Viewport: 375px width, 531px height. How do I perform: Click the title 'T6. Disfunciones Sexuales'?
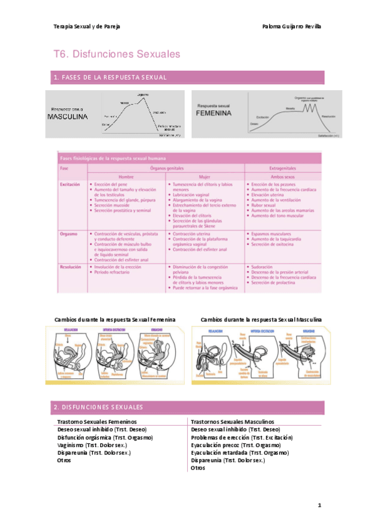(x=116, y=54)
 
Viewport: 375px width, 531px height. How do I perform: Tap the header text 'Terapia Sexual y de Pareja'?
(x=86, y=27)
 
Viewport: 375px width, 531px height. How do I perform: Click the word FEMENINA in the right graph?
(x=214, y=115)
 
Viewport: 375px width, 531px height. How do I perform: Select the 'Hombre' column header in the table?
(x=126, y=177)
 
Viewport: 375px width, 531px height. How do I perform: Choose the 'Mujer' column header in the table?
(x=204, y=177)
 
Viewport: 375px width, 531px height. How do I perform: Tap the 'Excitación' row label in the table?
(x=70, y=185)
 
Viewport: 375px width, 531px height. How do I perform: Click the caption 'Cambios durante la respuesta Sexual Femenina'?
(x=115, y=319)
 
